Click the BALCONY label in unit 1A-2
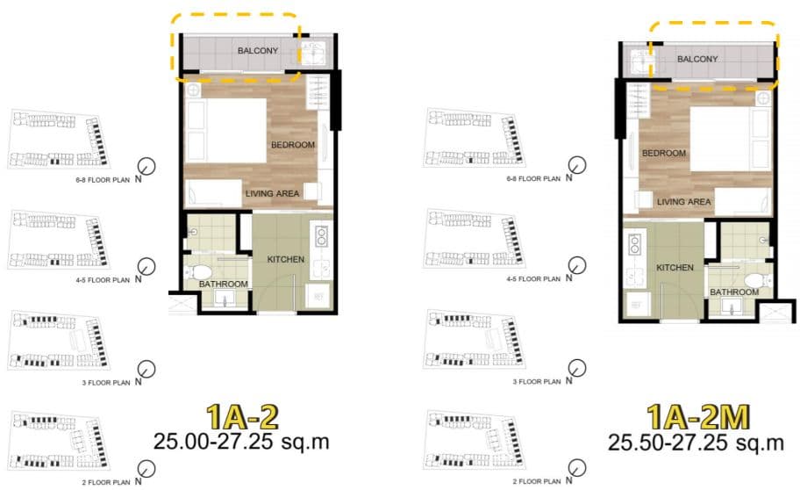pyautogui.click(x=258, y=51)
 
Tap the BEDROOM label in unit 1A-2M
pyautogui.click(x=664, y=153)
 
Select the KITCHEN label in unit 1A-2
pyautogui.click(x=286, y=259)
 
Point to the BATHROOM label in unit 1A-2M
pyautogui.click(x=734, y=292)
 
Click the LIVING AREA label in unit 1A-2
pyautogui.click(x=273, y=193)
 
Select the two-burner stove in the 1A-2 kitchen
pyautogui.click(x=321, y=236)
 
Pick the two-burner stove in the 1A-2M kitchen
pyautogui.click(x=635, y=244)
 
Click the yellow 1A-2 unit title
pyautogui.click(x=242, y=417)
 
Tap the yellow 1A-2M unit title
pyautogui.click(x=698, y=417)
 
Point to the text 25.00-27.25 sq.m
pyautogui.click(x=241, y=442)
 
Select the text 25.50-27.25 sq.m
pyautogui.click(x=696, y=442)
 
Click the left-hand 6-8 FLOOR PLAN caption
pyautogui.click(x=103, y=180)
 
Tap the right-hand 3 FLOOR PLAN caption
pyautogui.click(x=537, y=381)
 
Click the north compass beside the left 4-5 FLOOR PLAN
pyautogui.click(x=147, y=266)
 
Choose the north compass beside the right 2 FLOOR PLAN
pyautogui.click(x=577, y=467)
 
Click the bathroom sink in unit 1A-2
pyautogui.click(x=224, y=298)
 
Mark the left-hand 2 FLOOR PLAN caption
pyautogui.click(x=106, y=482)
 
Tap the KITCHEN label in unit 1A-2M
pyautogui.click(x=675, y=267)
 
